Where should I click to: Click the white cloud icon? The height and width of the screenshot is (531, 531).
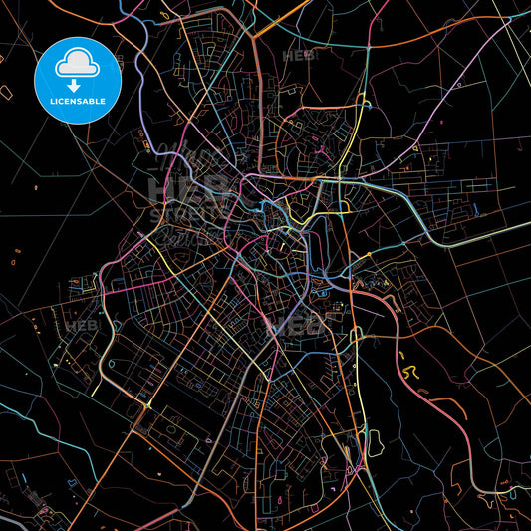[77, 62]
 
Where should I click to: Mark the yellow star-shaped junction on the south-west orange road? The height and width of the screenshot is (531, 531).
[147, 405]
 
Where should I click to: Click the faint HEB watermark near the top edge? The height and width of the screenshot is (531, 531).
[297, 56]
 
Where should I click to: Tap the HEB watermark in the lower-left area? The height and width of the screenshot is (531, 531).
[78, 326]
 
